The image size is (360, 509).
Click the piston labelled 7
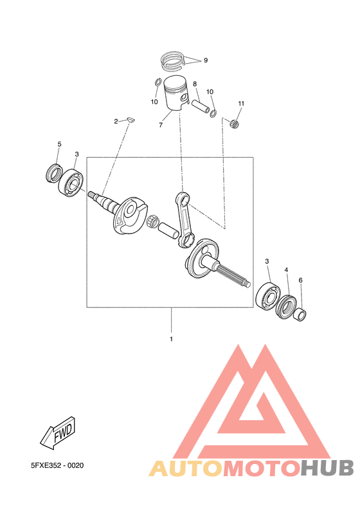click(x=175, y=94)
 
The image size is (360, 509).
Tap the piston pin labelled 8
click(x=201, y=106)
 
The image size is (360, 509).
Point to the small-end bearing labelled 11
click(x=234, y=124)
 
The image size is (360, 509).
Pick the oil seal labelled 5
click(x=53, y=173)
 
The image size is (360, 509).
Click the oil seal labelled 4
click(x=286, y=305)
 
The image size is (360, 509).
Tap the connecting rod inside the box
click(x=184, y=221)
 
